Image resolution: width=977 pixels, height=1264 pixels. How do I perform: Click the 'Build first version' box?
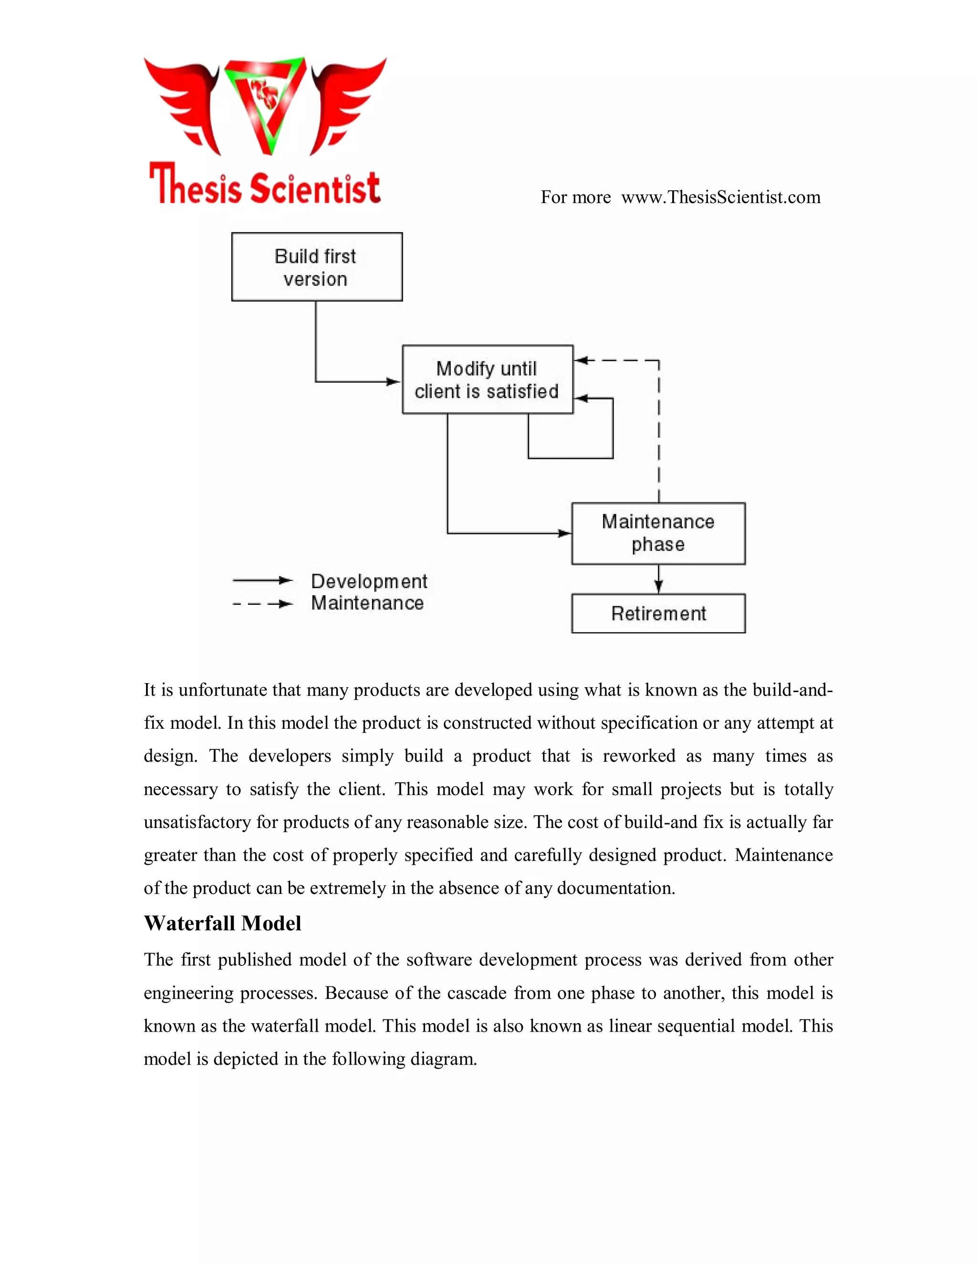(x=317, y=267)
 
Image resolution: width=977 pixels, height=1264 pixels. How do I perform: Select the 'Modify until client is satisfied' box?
(x=488, y=380)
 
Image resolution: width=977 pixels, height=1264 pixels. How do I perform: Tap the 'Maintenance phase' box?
(x=658, y=533)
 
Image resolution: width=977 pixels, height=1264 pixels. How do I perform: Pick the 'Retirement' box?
(x=658, y=613)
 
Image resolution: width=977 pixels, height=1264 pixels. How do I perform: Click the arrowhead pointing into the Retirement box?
(x=658, y=587)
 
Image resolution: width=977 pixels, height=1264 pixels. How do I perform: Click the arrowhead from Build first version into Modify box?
(x=393, y=382)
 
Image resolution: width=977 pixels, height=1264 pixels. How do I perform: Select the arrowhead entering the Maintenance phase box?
(x=564, y=533)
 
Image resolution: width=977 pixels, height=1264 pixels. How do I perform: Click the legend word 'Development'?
(x=369, y=581)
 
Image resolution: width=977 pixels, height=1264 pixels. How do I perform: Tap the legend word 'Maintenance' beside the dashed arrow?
(x=367, y=603)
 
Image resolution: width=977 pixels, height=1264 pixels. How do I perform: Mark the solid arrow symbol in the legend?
(x=263, y=580)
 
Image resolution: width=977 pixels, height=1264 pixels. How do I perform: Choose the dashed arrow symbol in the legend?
(x=263, y=604)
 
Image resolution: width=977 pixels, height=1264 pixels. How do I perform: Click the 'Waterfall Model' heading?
(x=222, y=923)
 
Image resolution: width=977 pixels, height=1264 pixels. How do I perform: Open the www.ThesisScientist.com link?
(x=721, y=197)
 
